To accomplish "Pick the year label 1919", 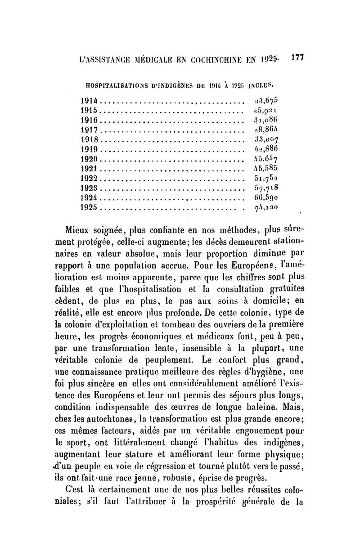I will pos(89,148).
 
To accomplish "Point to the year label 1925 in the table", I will pos(89,208).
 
